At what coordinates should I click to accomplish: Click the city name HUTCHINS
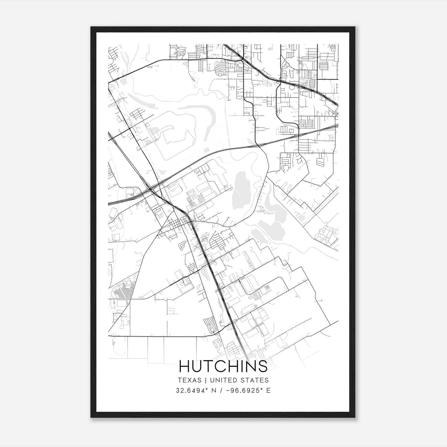pyautogui.click(x=223, y=366)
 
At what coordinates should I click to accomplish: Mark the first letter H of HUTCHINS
pyautogui.click(x=184, y=366)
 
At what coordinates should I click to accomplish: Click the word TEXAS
pyautogui.click(x=189, y=380)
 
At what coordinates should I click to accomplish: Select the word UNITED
pyautogui.click(x=223, y=380)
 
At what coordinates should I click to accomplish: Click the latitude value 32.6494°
pyautogui.click(x=192, y=391)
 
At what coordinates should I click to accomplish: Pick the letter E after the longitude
pyautogui.click(x=268, y=391)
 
